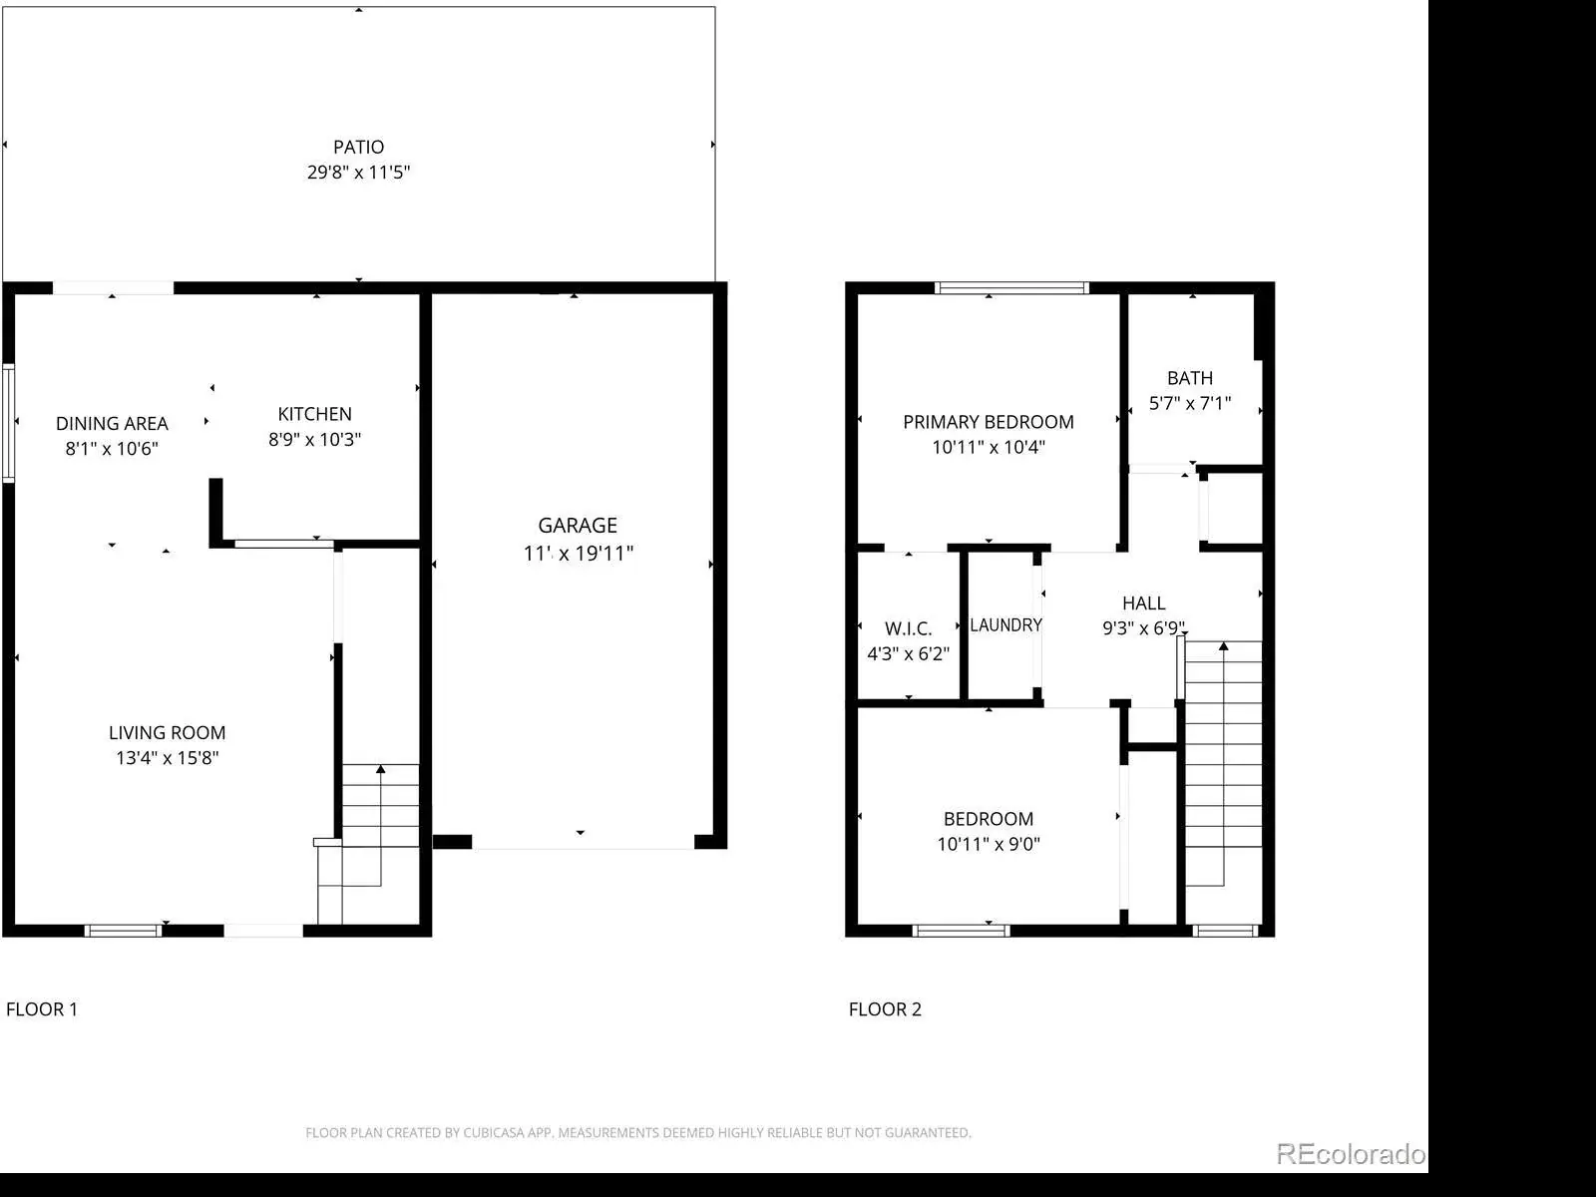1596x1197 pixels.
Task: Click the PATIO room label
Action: [x=358, y=147]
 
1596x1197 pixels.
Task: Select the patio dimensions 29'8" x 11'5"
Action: [x=358, y=173]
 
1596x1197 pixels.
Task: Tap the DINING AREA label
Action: [x=112, y=423]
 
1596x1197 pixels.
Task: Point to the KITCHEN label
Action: [x=315, y=414]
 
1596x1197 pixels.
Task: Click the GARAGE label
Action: [x=578, y=525]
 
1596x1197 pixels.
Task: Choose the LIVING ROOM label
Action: [x=168, y=732]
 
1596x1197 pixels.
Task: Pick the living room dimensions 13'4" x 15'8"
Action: [x=168, y=758]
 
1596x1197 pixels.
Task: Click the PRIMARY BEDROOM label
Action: [x=989, y=422]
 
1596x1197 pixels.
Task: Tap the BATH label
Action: [x=1190, y=378]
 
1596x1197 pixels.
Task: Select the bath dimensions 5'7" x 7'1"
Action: [x=1190, y=403]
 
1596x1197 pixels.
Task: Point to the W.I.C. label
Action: [x=908, y=628]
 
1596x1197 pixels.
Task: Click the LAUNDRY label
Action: [x=1006, y=625]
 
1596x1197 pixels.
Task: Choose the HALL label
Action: [x=1144, y=602]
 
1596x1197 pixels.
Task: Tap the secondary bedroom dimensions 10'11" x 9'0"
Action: [x=989, y=844]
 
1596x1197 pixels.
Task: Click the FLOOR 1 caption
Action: [x=42, y=1008]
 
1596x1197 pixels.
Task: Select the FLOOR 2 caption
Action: [x=885, y=1008]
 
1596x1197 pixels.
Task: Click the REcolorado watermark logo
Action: [x=1351, y=1154]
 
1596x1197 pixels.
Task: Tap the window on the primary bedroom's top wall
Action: [x=1011, y=288]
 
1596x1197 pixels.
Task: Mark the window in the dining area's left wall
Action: [x=9, y=423]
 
